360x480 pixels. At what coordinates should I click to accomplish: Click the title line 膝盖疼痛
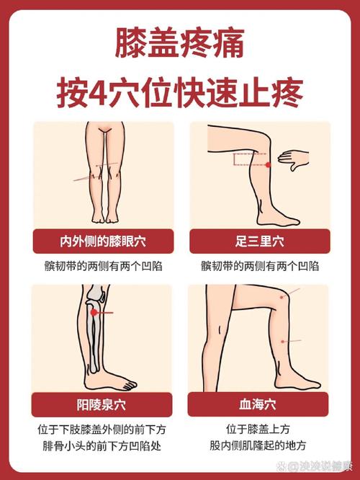(x=179, y=45)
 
